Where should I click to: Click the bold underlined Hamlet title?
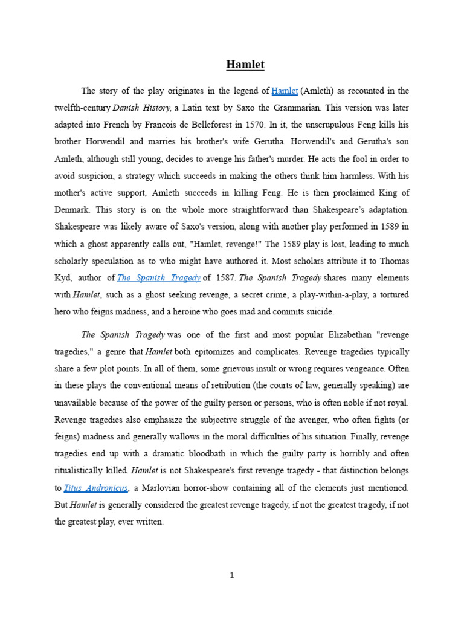tap(245, 64)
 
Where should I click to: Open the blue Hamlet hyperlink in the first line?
tap(285, 91)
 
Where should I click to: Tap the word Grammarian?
tap(318, 107)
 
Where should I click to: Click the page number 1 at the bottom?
tap(232, 575)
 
